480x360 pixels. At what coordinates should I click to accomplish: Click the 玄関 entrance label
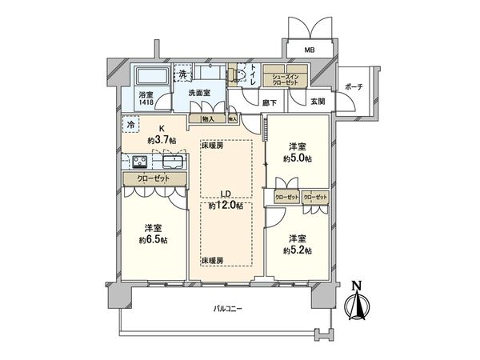pos(318,102)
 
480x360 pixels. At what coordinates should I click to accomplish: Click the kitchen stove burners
pos(133,161)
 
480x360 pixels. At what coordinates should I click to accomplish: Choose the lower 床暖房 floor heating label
pos(213,262)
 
